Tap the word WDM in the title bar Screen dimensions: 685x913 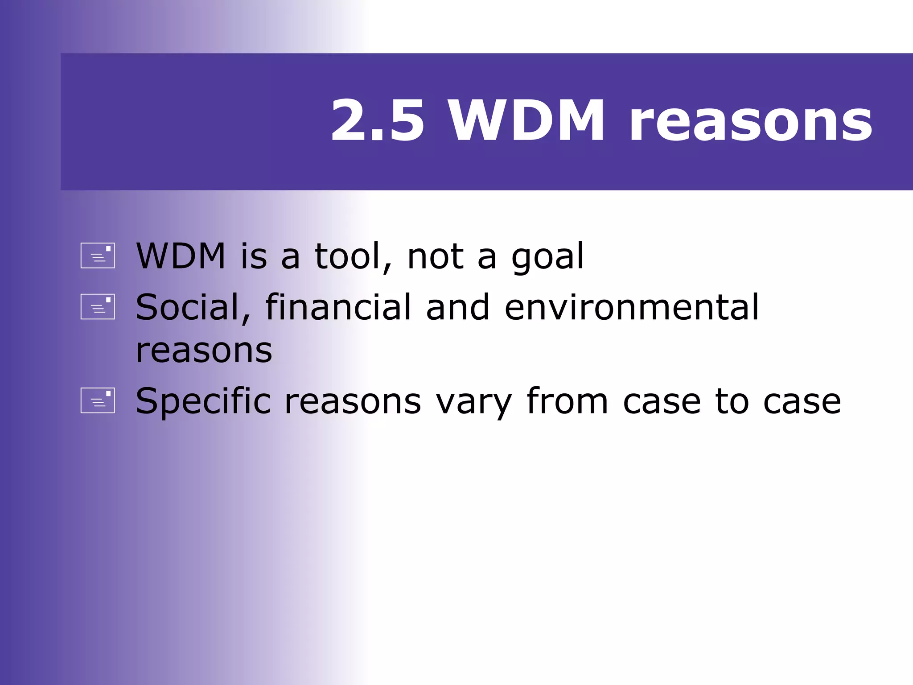pos(526,121)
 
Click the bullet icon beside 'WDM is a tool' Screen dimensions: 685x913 pos(98,256)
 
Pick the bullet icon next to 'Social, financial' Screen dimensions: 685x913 pos(98,306)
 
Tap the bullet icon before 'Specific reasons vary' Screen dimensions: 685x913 pos(98,400)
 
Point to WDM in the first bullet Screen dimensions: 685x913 pos(181,256)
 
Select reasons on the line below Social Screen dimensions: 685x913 pos(204,351)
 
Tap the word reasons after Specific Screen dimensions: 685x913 pos(353,402)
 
